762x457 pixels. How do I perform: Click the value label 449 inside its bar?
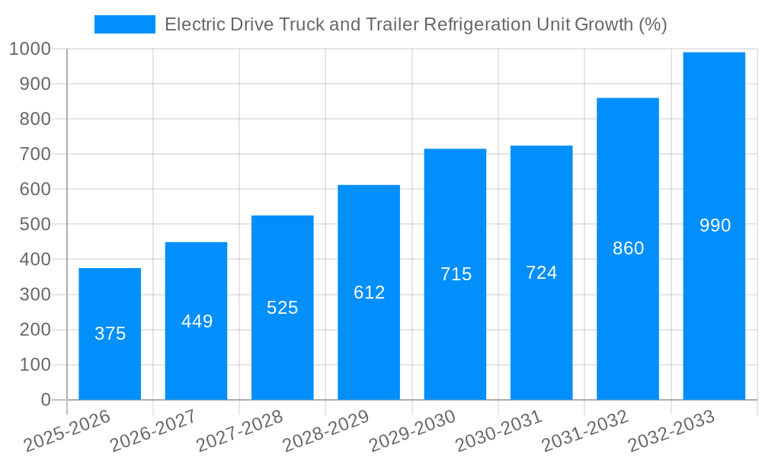[197, 321]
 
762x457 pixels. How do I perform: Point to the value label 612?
[369, 292]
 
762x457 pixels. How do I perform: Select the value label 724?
[541, 273]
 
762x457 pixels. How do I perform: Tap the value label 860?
[628, 248]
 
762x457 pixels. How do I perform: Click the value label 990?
[715, 225]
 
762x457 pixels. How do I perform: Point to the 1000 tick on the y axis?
[30, 49]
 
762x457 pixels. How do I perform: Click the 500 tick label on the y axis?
[34, 225]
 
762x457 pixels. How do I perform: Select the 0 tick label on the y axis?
[45, 400]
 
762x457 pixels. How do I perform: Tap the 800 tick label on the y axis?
[34, 119]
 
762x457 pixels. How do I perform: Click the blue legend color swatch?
[124, 24]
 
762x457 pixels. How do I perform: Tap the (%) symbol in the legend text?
[652, 24]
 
